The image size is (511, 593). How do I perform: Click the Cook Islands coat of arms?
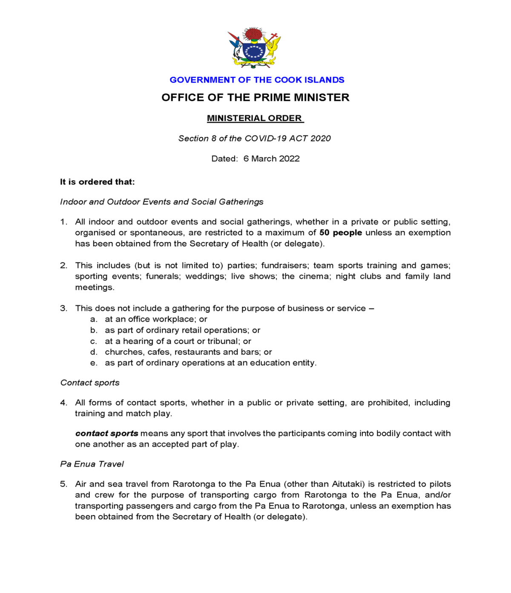[x=255, y=48]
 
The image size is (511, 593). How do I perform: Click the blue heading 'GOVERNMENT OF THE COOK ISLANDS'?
[x=257, y=80]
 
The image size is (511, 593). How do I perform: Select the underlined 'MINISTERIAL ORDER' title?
[x=255, y=118]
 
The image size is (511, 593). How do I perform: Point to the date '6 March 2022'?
[x=271, y=158]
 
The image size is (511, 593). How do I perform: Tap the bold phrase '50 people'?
[x=341, y=233]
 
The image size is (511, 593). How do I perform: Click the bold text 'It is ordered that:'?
[x=97, y=182]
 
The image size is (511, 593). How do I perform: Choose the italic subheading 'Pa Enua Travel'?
[x=92, y=464]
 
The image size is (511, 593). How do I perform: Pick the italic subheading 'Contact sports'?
[x=90, y=383]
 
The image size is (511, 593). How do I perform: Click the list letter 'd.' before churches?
[x=94, y=352]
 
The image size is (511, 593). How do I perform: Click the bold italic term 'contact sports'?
[x=106, y=433]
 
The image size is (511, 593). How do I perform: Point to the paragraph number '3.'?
[x=63, y=308]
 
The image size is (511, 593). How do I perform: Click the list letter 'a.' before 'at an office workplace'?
[x=94, y=319]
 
